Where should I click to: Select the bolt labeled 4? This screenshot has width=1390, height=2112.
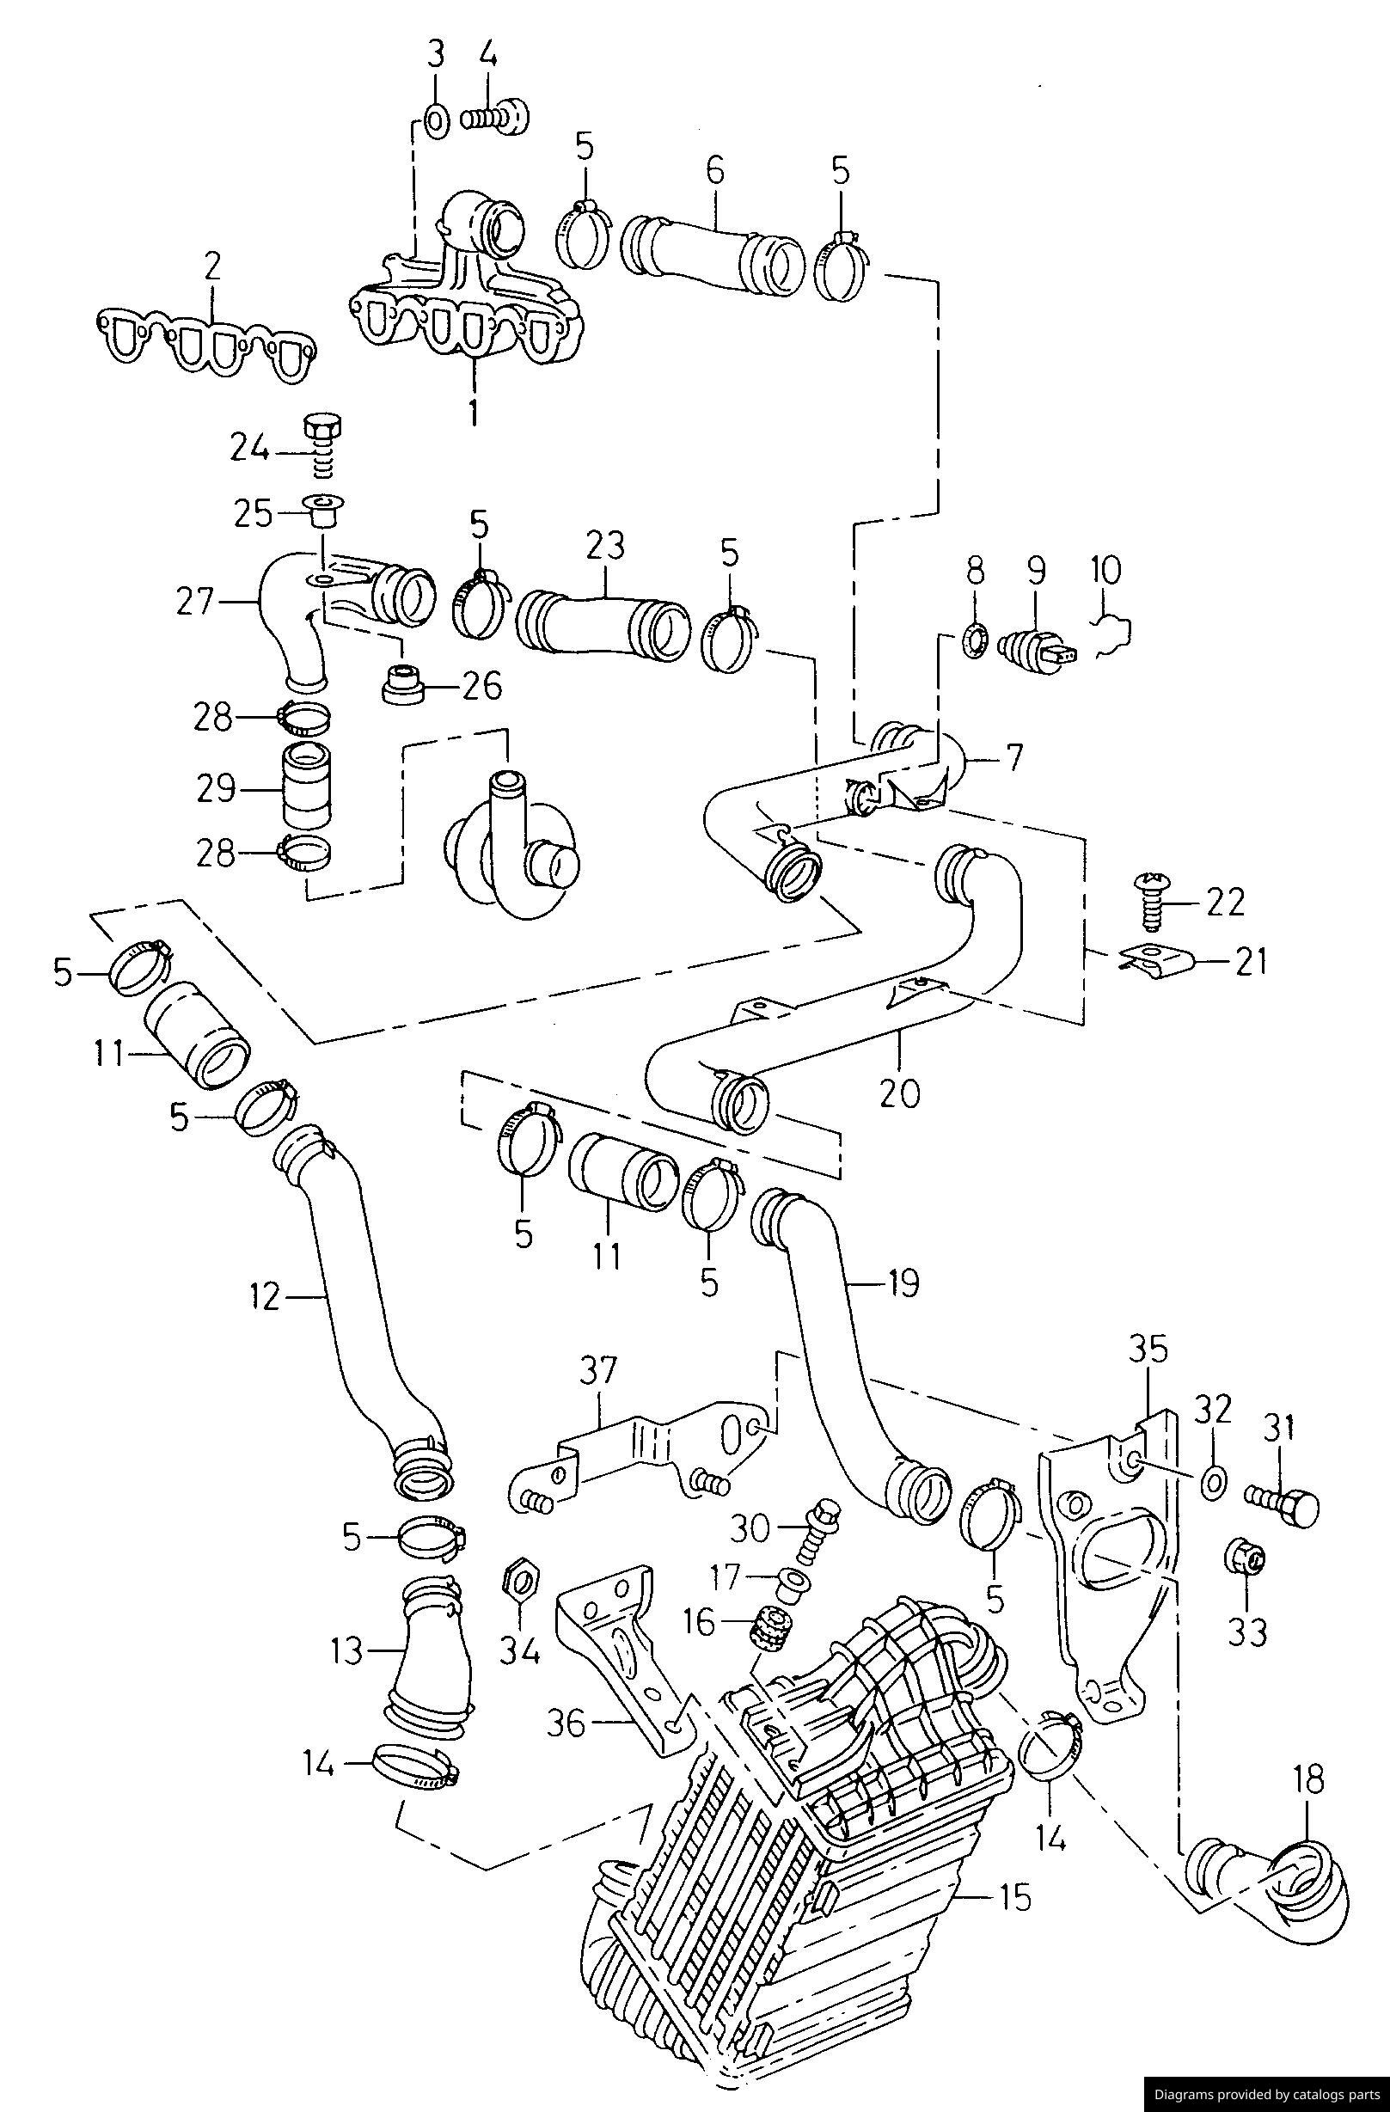coord(496,116)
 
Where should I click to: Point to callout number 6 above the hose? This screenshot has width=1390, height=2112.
coord(715,169)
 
